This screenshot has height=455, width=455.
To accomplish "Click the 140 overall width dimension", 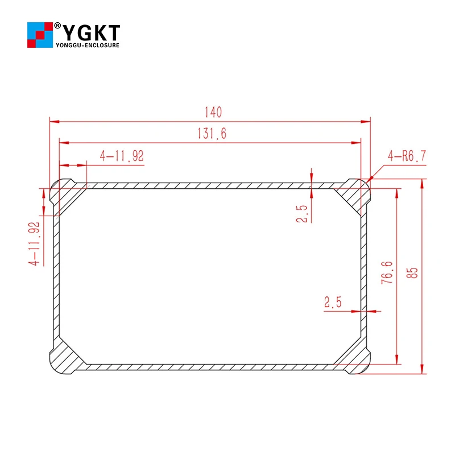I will (x=210, y=111).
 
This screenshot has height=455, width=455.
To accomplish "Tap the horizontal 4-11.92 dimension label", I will (x=122, y=156).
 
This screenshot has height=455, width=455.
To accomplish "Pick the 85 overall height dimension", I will (x=414, y=273).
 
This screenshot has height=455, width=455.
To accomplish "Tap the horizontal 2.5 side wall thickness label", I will (x=333, y=303).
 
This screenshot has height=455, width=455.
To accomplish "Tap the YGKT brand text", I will (x=91, y=31).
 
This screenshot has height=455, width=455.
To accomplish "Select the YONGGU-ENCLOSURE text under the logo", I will (x=88, y=45).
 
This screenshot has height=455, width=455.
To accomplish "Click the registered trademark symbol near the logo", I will (x=57, y=26).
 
